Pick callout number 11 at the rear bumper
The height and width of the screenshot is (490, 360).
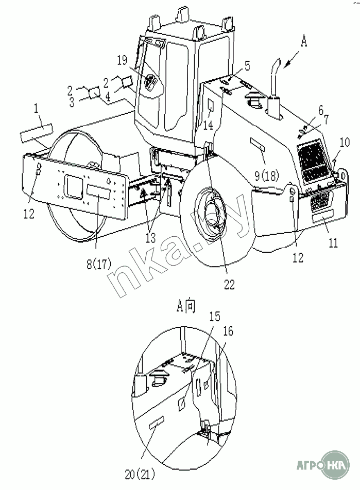[333, 241]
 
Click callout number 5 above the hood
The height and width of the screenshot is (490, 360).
[247, 65]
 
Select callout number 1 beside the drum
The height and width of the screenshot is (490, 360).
[36, 109]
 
